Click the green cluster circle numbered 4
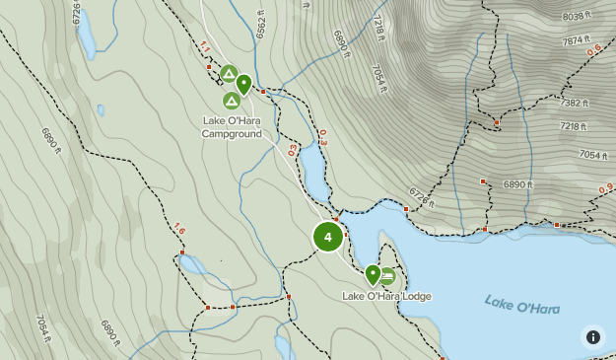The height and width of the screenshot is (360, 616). (327, 237)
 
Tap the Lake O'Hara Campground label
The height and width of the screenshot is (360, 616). (233, 127)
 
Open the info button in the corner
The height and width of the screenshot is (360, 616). (592, 336)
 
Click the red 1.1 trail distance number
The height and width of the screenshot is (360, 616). (205, 47)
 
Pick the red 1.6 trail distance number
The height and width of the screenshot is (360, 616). (178, 229)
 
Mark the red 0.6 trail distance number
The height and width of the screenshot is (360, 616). (594, 50)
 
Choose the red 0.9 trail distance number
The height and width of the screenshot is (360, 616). (605, 187)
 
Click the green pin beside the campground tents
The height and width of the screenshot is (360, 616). (243, 84)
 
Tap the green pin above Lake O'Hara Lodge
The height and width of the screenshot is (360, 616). (373, 274)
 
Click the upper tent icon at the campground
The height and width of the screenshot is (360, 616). (228, 73)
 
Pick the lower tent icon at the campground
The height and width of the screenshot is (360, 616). (232, 100)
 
